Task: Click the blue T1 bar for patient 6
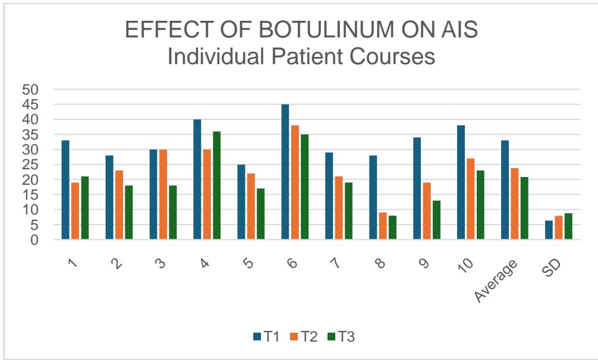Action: (285, 172)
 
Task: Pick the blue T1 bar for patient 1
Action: (65, 190)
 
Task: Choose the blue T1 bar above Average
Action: (505, 190)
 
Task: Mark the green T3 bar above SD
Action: (568, 226)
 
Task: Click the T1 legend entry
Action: (266, 336)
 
